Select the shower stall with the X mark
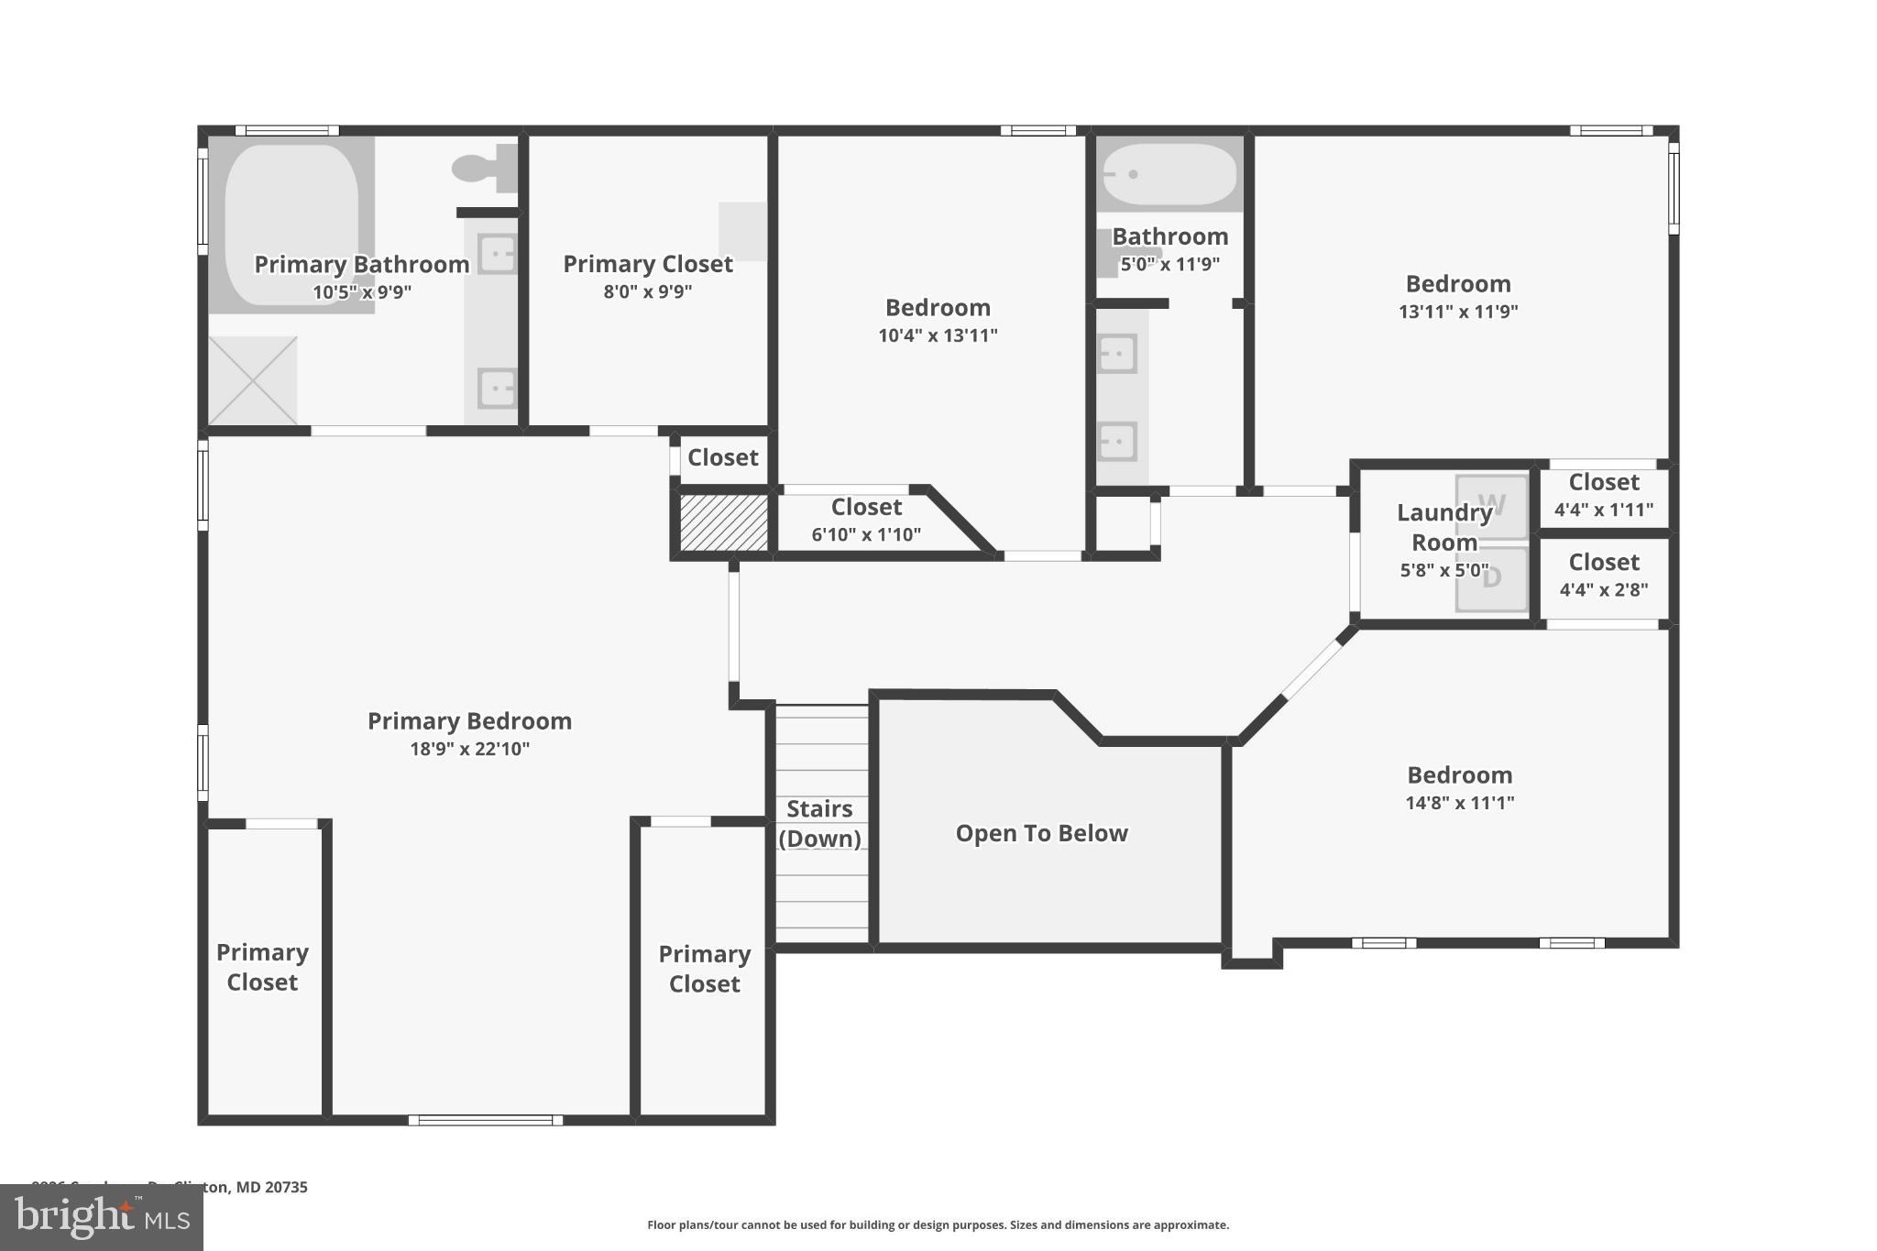[x=253, y=380]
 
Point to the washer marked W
[x=1492, y=505]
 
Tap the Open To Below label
[x=1041, y=833]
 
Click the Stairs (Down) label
[x=820, y=823]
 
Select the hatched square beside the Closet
[x=723, y=523]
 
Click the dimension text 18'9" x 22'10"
[x=469, y=749]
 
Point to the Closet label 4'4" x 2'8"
[x=1604, y=576]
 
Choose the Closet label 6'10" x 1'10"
[x=866, y=520]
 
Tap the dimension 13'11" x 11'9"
[x=1457, y=312]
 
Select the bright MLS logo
[x=101, y=1218]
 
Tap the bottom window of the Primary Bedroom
[x=485, y=1120]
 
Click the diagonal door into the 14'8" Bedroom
[x=1312, y=670]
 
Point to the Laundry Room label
[x=1443, y=527]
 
